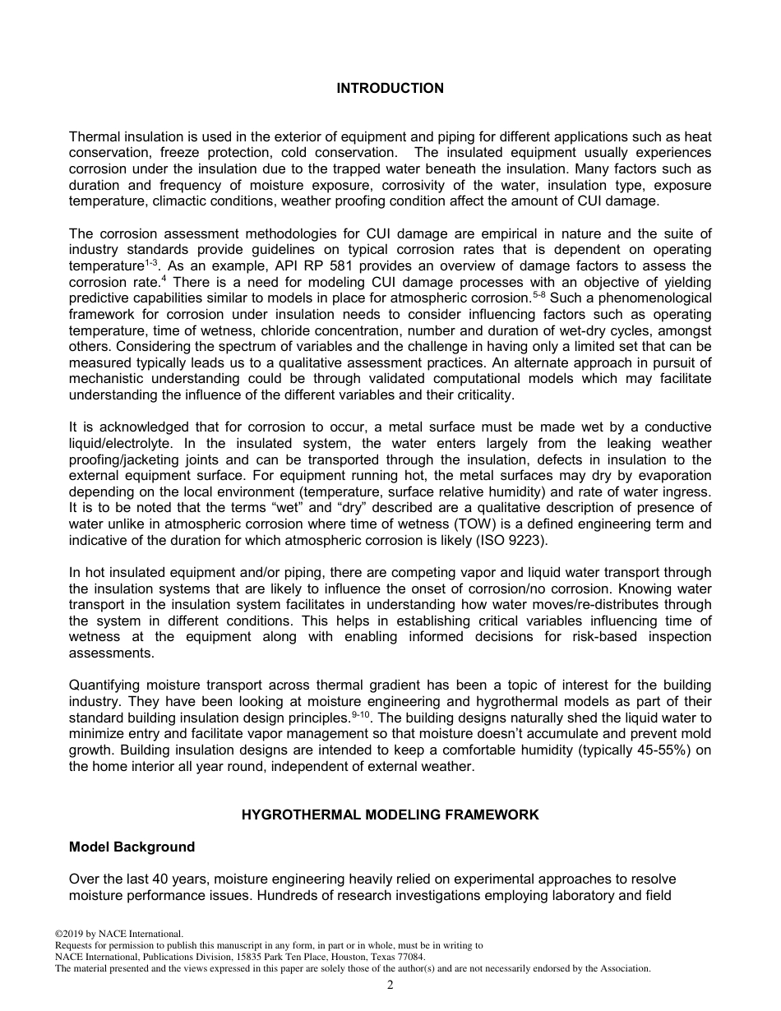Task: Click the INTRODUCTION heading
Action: pos(390,89)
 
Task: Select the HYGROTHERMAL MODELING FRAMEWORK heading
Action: pos(390,815)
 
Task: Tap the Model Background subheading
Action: pos(132,847)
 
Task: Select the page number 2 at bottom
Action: pos(390,986)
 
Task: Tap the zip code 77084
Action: pos(410,957)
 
